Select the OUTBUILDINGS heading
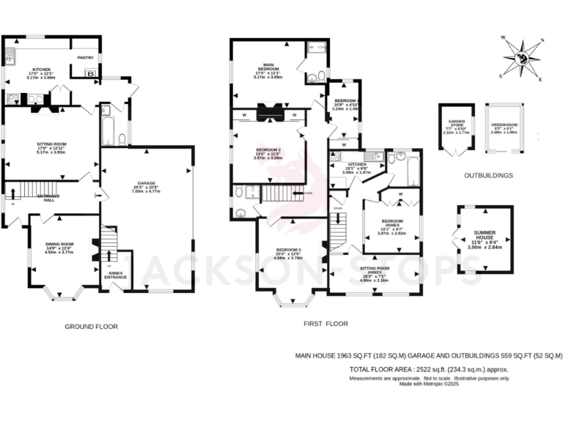tap(487, 176)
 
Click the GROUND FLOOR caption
tap(91, 326)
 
